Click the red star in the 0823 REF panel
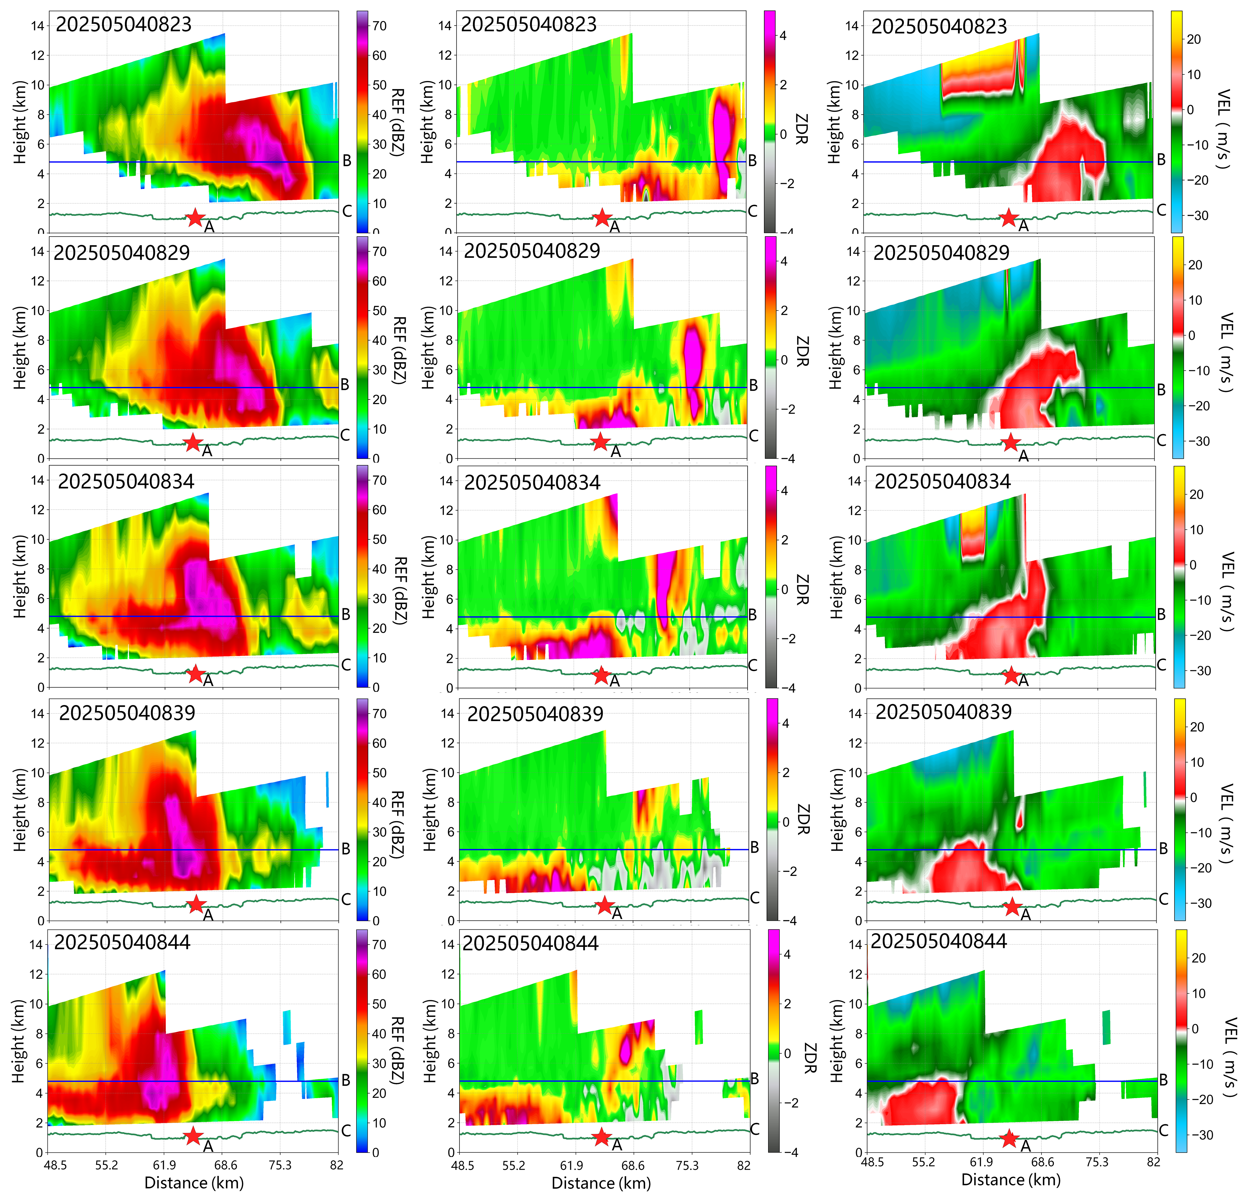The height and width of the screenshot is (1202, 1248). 195,218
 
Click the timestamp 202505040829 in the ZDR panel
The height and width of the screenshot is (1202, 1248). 532,251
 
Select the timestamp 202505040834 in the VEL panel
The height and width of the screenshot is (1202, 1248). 942,481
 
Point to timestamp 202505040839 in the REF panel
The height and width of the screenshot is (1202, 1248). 127,712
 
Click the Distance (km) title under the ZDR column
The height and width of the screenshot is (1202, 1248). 601,1183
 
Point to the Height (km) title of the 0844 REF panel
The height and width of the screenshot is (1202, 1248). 18,1041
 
